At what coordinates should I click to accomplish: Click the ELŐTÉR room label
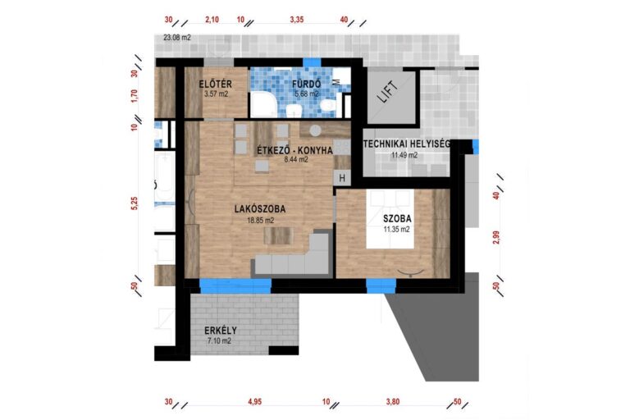pyautogui.click(x=216, y=84)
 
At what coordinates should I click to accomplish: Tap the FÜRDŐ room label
pyautogui.click(x=307, y=84)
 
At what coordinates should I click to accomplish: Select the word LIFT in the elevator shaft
pyautogui.click(x=389, y=92)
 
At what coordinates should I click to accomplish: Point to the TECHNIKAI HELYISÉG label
pyautogui.click(x=406, y=144)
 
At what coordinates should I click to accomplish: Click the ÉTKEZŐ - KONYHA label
pyautogui.click(x=295, y=150)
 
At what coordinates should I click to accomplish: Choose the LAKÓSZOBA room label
pyautogui.click(x=260, y=209)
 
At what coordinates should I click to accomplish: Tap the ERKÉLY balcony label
pyautogui.click(x=221, y=331)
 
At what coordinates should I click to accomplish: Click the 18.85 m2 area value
pyautogui.click(x=260, y=220)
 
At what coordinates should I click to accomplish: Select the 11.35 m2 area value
pyautogui.click(x=396, y=230)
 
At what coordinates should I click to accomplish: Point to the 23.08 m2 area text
pyautogui.click(x=177, y=38)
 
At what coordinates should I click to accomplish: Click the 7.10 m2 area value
pyautogui.click(x=219, y=341)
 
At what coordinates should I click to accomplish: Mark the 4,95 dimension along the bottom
pyautogui.click(x=255, y=401)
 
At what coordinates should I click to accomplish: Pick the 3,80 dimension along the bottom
pyautogui.click(x=393, y=401)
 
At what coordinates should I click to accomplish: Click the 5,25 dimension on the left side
pyautogui.click(x=135, y=203)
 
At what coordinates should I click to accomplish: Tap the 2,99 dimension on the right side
pyautogui.click(x=496, y=238)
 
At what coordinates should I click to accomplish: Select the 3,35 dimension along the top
pyautogui.click(x=296, y=20)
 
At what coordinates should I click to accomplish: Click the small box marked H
pyautogui.click(x=342, y=178)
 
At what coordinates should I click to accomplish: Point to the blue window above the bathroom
pyautogui.click(x=312, y=62)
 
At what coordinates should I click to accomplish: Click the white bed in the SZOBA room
pyautogui.click(x=390, y=219)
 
